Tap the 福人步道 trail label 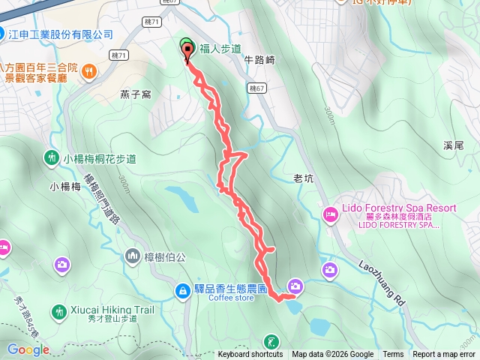220,49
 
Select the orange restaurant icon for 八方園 88,71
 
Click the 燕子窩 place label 136,94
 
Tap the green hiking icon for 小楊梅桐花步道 51,158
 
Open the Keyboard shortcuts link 250,355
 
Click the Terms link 393,355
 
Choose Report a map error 443,355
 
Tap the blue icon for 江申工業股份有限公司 4,34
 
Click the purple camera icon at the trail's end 295,286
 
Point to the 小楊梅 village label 65,187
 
